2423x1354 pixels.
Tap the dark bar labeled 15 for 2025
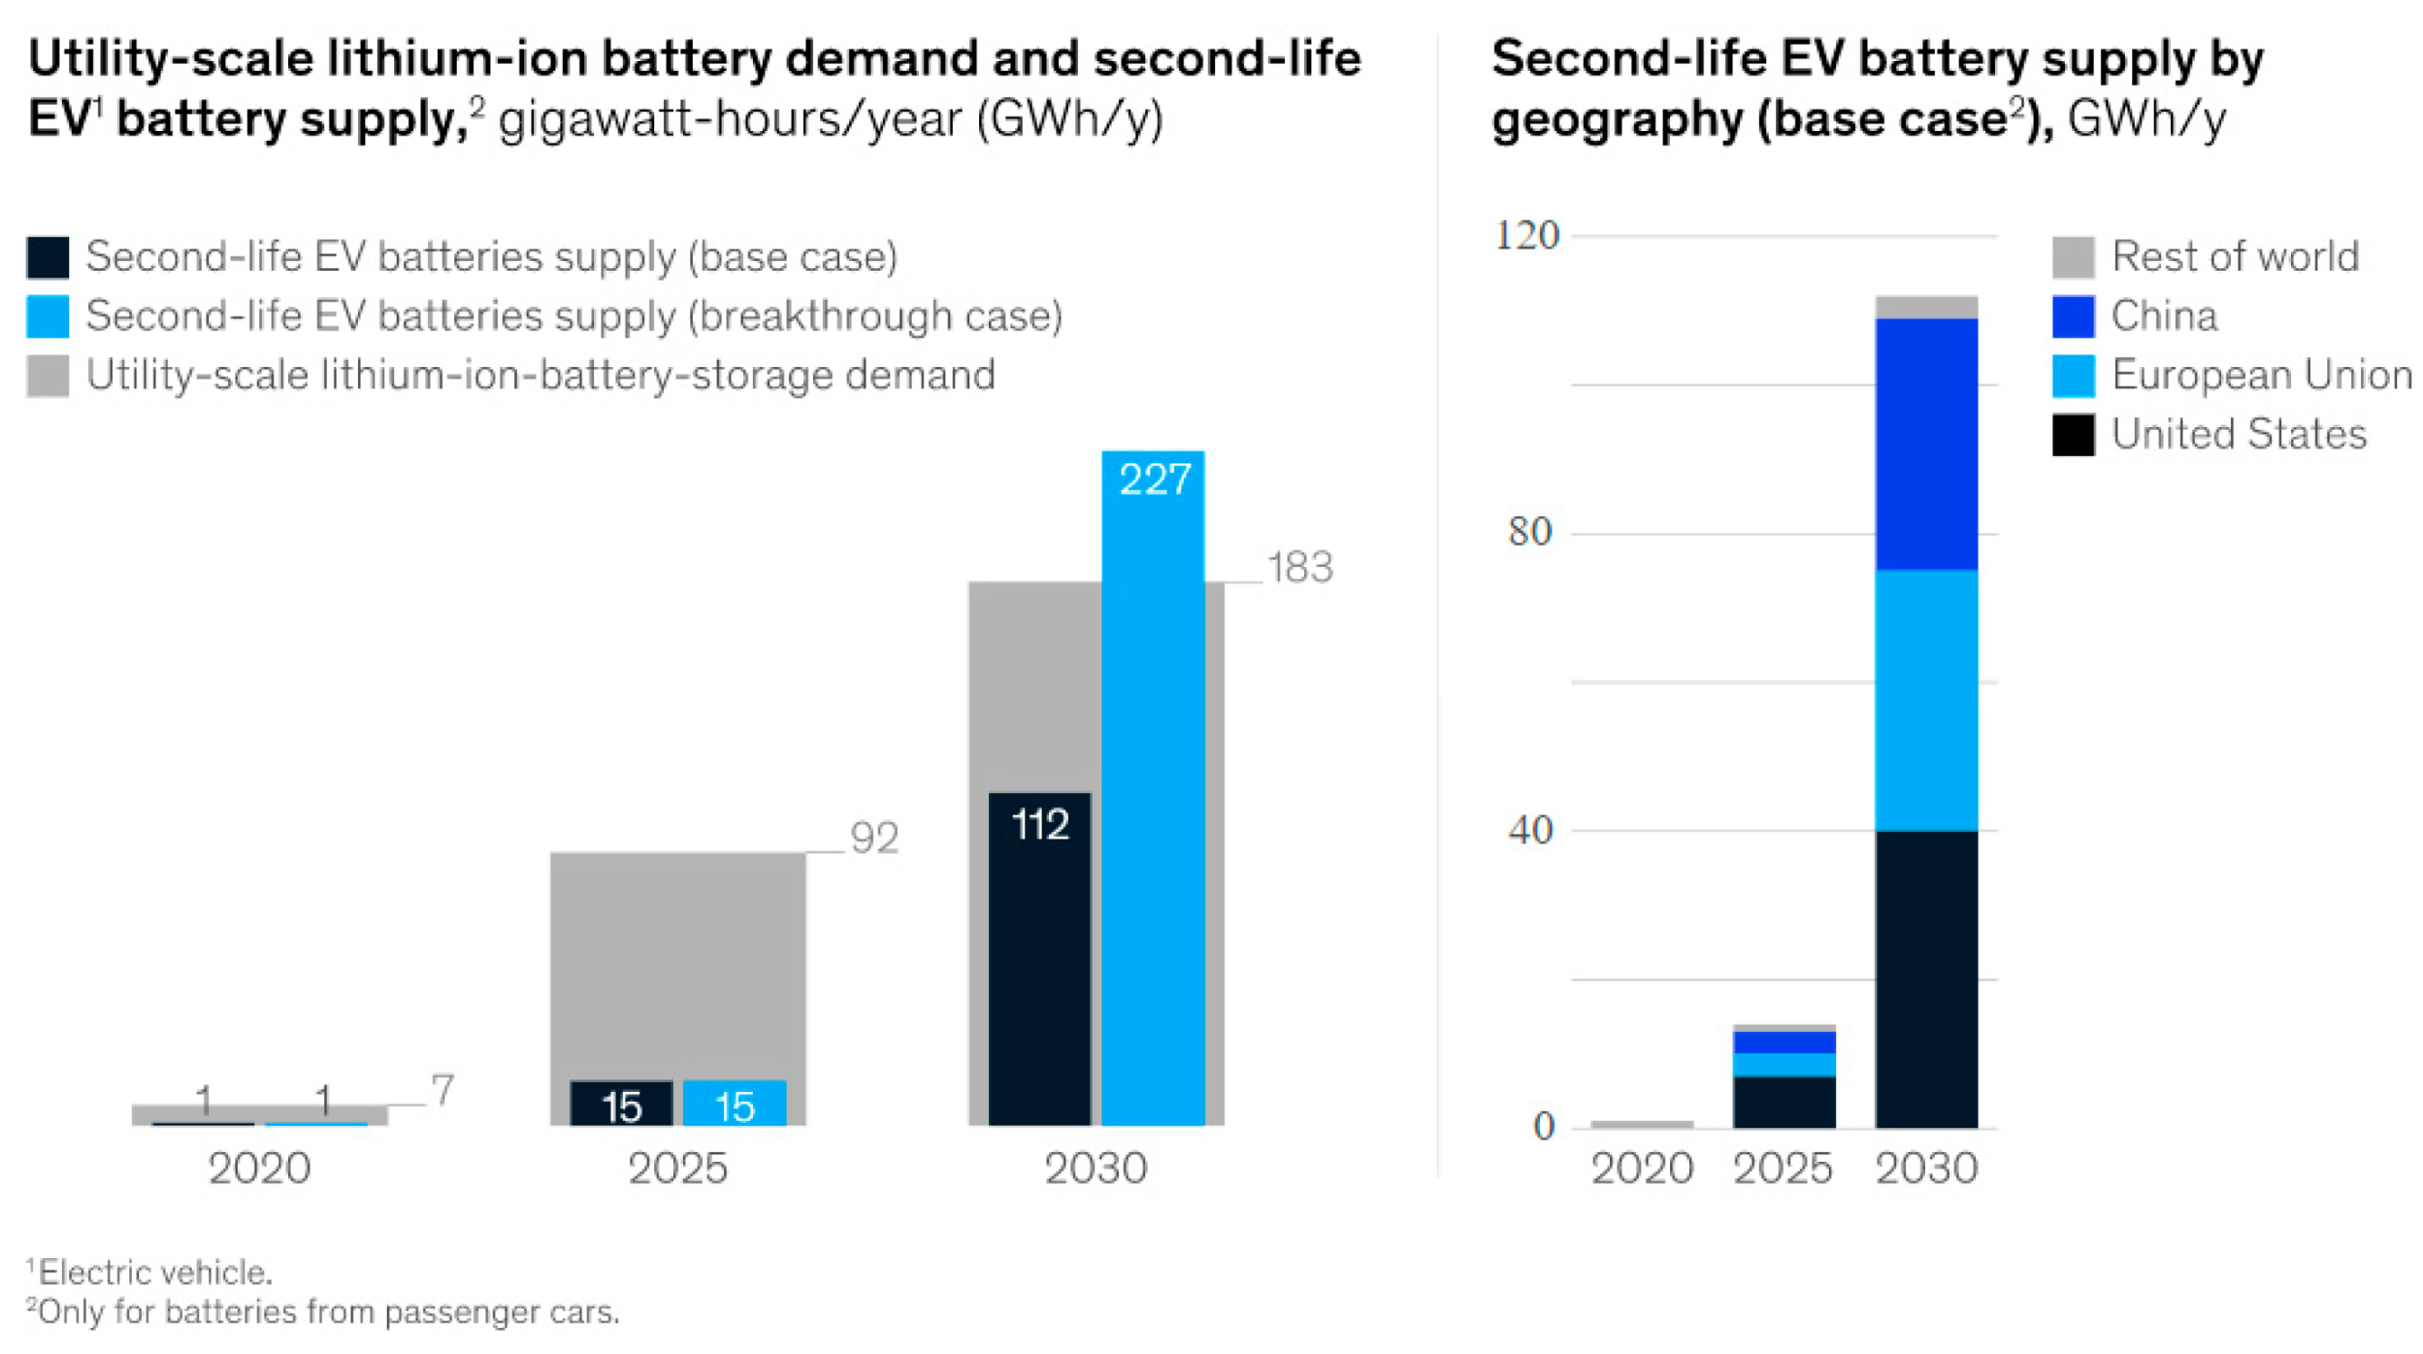pos(621,1104)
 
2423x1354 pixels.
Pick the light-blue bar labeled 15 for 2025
pos(734,1104)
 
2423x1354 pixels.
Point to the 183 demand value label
pos(1299,568)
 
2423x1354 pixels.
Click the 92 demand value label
pos(873,838)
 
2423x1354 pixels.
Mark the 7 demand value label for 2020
pos(442,1090)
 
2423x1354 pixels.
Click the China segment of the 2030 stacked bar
pos(1925,444)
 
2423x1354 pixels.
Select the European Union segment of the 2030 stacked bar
pos(1925,700)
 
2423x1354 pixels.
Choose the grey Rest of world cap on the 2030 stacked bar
pos(1925,307)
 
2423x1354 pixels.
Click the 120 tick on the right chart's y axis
pos(1525,236)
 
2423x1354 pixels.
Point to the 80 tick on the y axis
pos(1529,532)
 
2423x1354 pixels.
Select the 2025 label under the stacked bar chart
pos(1783,1169)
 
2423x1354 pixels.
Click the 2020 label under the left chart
pos(259,1169)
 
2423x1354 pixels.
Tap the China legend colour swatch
pos(2072,316)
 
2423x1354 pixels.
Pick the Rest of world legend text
pos(2234,257)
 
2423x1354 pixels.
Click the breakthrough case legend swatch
pos(48,316)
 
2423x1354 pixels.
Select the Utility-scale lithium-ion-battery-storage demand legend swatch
pos(48,376)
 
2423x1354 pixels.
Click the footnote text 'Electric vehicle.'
pos(155,1271)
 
